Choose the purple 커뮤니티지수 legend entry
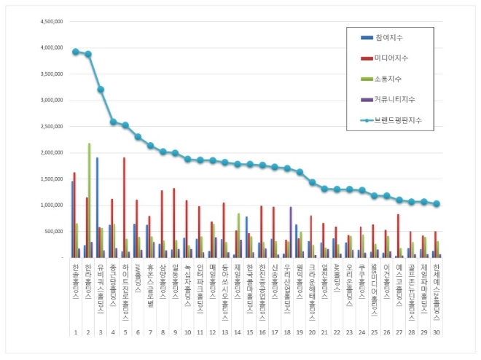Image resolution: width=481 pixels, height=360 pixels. pyautogui.click(x=396, y=98)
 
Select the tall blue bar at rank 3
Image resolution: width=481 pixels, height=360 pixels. pyautogui.click(x=98, y=207)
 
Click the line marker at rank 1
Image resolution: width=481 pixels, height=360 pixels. pyautogui.click(x=76, y=52)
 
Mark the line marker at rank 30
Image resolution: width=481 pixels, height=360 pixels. pyautogui.click(x=437, y=204)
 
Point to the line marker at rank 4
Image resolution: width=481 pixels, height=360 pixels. pyautogui.click(x=113, y=122)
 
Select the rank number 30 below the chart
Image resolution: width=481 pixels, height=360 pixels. pyautogui.click(x=436, y=332)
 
